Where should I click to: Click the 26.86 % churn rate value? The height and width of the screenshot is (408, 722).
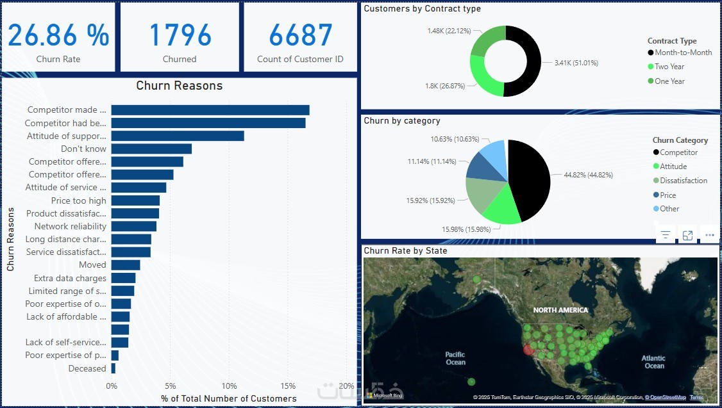coord(58,35)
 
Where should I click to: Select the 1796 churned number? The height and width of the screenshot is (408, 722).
coord(180,35)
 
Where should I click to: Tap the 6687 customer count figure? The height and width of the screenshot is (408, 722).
coord(300,35)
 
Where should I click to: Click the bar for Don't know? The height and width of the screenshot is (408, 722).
coord(151,149)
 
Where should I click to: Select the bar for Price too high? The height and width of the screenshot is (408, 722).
coord(135,200)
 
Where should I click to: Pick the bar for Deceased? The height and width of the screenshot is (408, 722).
coord(113,368)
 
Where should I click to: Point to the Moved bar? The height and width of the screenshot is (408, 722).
coord(126,265)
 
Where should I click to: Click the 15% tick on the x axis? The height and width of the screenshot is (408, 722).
coord(288,386)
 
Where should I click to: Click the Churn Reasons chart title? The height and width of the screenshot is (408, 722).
coord(180,86)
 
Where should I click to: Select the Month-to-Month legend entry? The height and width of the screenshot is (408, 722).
coord(683,53)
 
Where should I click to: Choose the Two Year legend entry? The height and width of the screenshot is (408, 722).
coord(669,67)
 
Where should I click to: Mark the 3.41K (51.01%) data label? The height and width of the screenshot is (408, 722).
coord(576,63)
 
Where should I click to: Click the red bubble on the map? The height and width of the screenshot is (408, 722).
coord(528,350)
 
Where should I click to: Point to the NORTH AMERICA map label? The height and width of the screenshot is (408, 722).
coord(560,310)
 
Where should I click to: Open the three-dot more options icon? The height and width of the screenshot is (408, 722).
coord(709,235)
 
